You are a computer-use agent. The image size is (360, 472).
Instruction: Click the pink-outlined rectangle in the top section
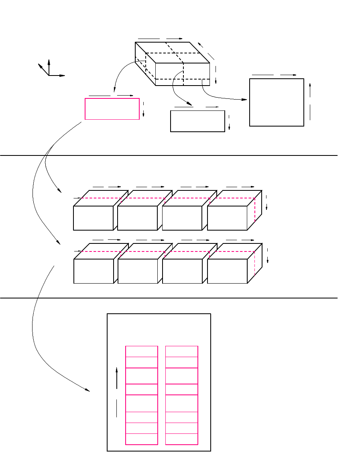112,109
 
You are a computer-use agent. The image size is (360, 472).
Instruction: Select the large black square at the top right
277,102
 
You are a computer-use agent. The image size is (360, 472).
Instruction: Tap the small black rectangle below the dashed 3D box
197,121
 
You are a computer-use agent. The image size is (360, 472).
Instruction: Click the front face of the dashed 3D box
183,74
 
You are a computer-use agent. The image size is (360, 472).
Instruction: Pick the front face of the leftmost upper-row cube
93,218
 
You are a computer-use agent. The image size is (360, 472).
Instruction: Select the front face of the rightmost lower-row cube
227,271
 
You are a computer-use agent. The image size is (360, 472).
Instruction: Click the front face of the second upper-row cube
137,218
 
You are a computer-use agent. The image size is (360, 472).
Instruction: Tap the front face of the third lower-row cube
182,271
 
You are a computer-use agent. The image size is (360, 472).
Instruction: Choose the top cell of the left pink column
141,351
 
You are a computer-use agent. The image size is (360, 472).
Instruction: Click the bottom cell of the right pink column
181,439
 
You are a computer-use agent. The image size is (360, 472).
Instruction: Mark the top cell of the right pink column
181,351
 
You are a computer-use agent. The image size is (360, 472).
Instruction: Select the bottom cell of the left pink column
141,439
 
